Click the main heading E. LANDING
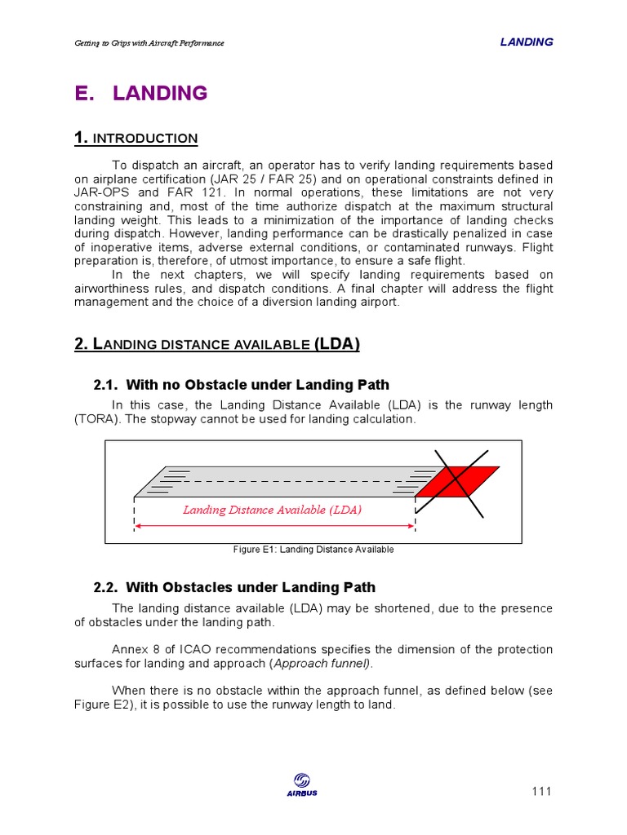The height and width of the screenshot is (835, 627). [x=140, y=94]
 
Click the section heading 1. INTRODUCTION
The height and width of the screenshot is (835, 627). [x=136, y=139]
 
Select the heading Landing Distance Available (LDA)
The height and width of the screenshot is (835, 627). [x=217, y=344]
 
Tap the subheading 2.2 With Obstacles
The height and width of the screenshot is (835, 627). [x=235, y=587]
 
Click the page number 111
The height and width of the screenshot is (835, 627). [x=541, y=791]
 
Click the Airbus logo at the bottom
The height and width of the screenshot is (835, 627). [x=302, y=785]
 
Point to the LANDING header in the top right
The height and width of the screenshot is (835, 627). [x=526, y=42]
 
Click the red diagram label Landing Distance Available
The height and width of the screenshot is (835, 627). [x=272, y=510]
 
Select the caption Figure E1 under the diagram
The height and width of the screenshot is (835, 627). [x=313, y=550]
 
